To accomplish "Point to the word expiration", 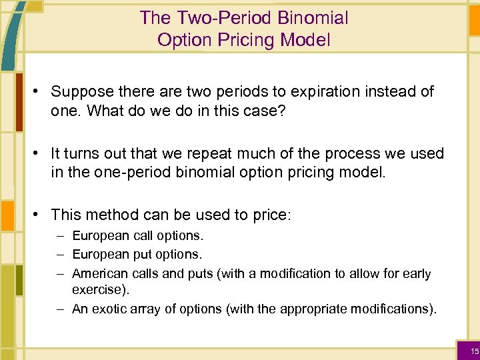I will tap(308, 91).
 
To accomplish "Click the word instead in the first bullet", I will tap(382, 91).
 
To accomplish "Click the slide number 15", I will tap(474, 351).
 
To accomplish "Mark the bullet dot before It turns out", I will tap(39, 153).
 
